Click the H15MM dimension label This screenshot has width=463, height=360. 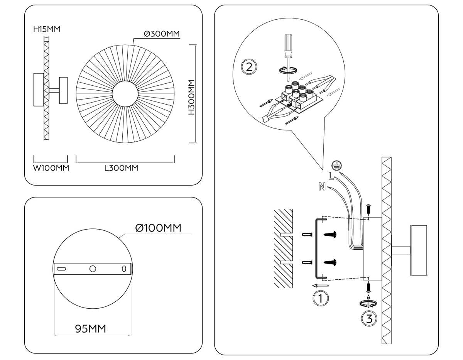pyautogui.click(x=47, y=29)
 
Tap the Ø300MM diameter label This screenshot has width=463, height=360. pyautogui.click(x=162, y=34)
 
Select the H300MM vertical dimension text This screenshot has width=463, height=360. pyautogui.click(x=191, y=98)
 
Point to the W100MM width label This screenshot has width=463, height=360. pyautogui.click(x=51, y=168)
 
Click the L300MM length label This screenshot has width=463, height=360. pyautogui.click(x=121, y=168)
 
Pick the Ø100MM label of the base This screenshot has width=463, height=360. pyautogui.click(x=158, y=228)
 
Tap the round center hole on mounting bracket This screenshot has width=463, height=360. pyautogui.click(x=93, y=269)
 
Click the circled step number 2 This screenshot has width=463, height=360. pyautogui.click(x=249, y=67)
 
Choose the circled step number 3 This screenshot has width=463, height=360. pyautogui.click(x=369, y=319)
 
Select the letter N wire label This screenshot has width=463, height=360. pyautogui.click(x=322, y=188)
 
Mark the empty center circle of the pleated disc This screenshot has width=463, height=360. pyautogui.click(x=125, y=94)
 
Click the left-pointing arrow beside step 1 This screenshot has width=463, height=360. pyautogui.click(x=320, y=286)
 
